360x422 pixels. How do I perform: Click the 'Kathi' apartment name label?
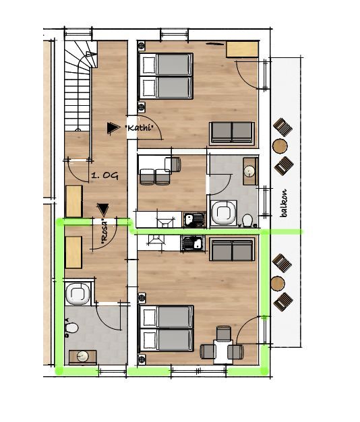pos(140,127)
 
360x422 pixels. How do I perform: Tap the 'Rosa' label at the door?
pos(104,232)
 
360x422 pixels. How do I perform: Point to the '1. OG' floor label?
pos(105,176)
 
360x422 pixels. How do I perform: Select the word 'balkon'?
pos(283,203)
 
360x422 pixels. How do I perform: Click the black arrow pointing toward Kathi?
pos(113,128)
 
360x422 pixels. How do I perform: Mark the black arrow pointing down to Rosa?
pos(102,210)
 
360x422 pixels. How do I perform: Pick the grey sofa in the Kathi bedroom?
pos(232,133)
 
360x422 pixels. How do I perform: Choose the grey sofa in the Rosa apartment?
pos(232,249)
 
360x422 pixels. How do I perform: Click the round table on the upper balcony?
pos(280,146)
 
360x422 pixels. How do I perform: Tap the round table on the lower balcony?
pos(278,283)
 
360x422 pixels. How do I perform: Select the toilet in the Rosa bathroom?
pos(71,328)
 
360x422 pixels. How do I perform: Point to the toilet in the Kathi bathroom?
pos(247,221)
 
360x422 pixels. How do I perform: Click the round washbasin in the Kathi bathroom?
pos(250,171)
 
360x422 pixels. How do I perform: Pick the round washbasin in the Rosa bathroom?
pos(83,357)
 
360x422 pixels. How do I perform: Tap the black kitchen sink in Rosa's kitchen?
pos(193,243)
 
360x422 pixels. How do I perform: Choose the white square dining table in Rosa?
pos(223,351)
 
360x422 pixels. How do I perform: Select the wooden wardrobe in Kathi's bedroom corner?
pos(243,49)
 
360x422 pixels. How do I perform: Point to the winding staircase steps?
pos(78,86)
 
